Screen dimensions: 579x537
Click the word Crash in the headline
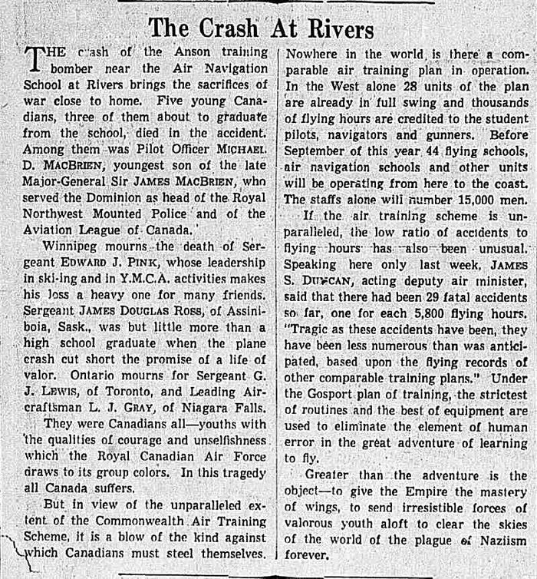point(231,28)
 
